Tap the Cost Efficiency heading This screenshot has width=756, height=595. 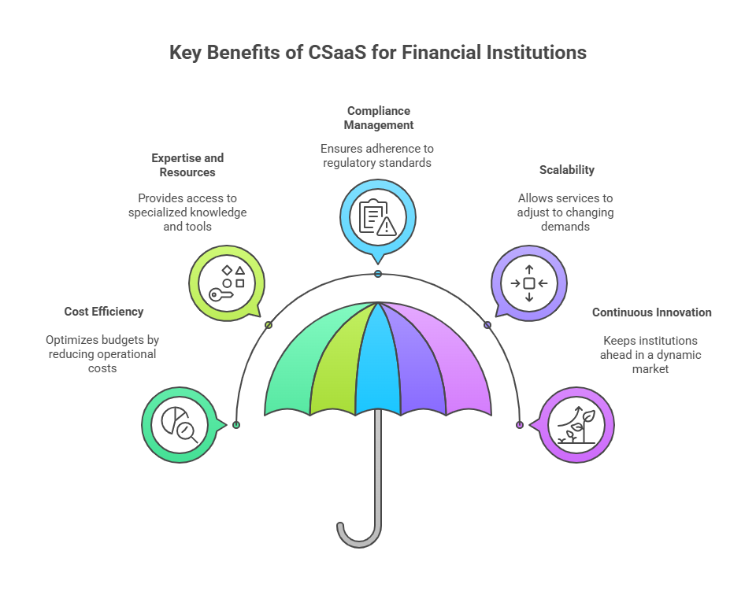point(104,312)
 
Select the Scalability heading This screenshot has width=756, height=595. point(566,170)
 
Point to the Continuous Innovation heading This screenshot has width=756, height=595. point(651,312)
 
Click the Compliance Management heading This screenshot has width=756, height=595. point(379,117)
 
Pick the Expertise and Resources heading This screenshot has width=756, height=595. point(187,164)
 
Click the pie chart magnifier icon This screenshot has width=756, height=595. point(180,424)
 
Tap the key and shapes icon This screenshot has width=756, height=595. point(227,283)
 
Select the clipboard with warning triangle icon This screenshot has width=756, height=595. point(377,216)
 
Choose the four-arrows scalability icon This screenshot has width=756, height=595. point(529,283)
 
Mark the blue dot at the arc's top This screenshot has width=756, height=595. point(378,274)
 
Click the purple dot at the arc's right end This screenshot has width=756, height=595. point(519,425)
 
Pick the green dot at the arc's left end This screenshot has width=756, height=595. point(236,425)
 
